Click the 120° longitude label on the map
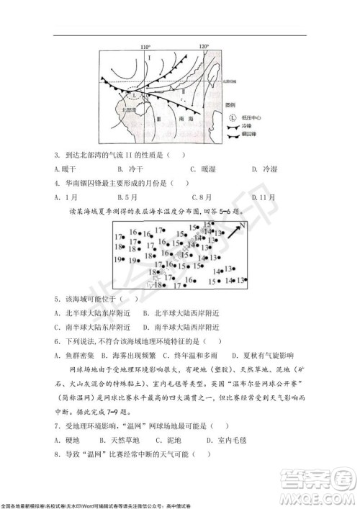point(204,45)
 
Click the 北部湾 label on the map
point(130,110)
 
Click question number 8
point(56,453)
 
